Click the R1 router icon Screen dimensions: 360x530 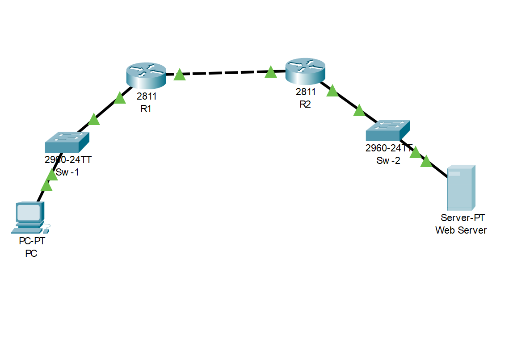click(x=146, y=75)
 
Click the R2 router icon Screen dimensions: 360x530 click(x=305, y=71)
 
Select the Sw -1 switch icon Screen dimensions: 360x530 click(x=67, y=142)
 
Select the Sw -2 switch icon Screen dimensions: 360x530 click(x=387, y=131)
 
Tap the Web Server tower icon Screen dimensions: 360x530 click(x=461, y=188)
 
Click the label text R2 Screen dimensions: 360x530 click(x=306, y=105)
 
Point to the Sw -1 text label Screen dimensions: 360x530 click(x=67, y=172)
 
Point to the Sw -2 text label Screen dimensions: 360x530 click(x=388, y=161)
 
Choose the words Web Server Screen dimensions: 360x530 click(x=461, y=230)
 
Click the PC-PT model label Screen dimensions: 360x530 click(x=32, y=242)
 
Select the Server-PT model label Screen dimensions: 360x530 click(x=463, y=218)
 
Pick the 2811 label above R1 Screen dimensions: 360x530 click(x=147, y=96)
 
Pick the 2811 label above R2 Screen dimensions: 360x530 click(x=306, y=92)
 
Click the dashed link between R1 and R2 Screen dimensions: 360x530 click(x=225, y=72)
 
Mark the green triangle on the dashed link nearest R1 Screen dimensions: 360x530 click(x=179, y=75)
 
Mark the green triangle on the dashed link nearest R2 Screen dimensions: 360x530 click(x=270, y=72)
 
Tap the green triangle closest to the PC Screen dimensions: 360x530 click(x=46, y=186)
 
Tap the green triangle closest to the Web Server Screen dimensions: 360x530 click(x=426, y=162)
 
